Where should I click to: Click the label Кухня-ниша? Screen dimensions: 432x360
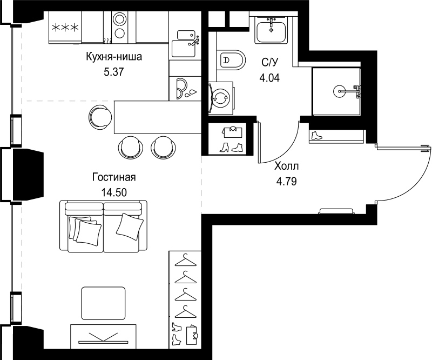pyautogui.click(x=114, y=57)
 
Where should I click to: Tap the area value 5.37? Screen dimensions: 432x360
pyautogui.click(x=114, y=72)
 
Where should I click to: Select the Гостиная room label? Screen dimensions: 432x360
pyautogui.click(x=114, y=177)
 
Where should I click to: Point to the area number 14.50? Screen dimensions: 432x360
pyautogui.click(x=114, y=192)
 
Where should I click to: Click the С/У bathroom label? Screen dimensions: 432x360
pyautogui.click(x=269, y=62)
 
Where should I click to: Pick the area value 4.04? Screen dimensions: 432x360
pyautogui.click(x=269, y=78)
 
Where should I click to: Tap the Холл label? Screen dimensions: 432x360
pyautogui.click(x=287, y=166)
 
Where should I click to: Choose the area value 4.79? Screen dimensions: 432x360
pyautogui.click(x=287, y=182)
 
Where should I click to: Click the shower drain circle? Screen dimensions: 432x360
pyautogui.click(x=339, y=91)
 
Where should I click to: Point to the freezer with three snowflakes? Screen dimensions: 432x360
pyautogui.click(x=65, y=28)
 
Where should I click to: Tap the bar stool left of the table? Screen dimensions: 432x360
pyautogui.click(x=100, y=117)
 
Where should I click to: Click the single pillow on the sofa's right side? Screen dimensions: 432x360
pyautogui.click(x=130, y=226)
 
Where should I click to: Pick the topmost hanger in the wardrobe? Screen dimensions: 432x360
pyautogui.click(x=186, y=261)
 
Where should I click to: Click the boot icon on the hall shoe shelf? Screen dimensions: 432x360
pyautogui.click(x=316, y=136)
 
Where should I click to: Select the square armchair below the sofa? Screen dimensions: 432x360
pyautogui.click(x=103, y=303)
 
